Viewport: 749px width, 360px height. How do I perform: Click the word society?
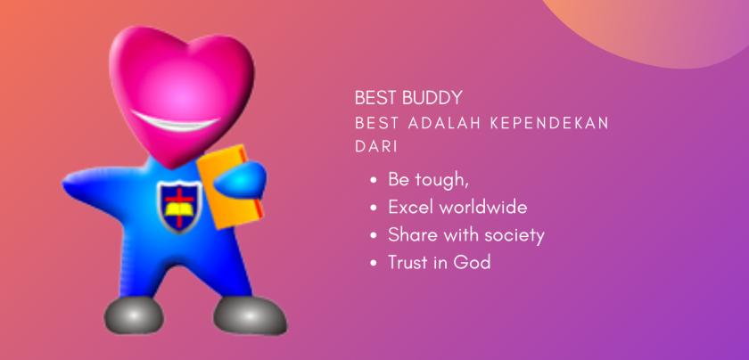[513, 235]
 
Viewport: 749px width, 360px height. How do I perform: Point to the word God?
[473, 263]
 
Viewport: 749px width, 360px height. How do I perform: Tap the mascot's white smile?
[186, 120]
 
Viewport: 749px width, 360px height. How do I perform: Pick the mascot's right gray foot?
[250, 313]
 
